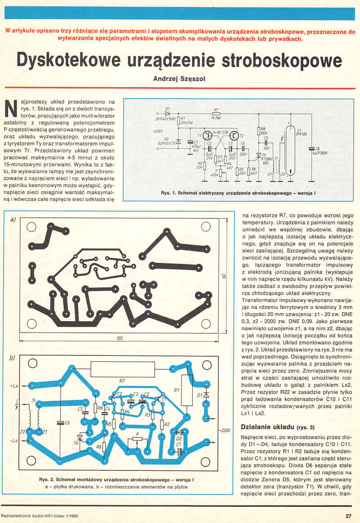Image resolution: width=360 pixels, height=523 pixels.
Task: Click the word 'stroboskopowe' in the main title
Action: click(x=270, y=60)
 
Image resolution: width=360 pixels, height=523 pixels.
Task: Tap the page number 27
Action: click(x=348, y=516)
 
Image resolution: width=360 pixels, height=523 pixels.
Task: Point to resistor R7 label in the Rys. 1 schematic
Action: click(x=216, y=109)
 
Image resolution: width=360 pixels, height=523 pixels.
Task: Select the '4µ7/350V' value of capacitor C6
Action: click(x=320, y=152)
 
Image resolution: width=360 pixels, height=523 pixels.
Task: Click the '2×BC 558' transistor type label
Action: click(x=221, y=133)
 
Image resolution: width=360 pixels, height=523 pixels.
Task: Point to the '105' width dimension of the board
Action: click(x=120, y=338)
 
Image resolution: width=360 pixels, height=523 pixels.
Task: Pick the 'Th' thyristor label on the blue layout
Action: click(x=76, y=443)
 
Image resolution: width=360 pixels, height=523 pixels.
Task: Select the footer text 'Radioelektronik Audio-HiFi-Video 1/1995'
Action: click(x=44, y=516)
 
